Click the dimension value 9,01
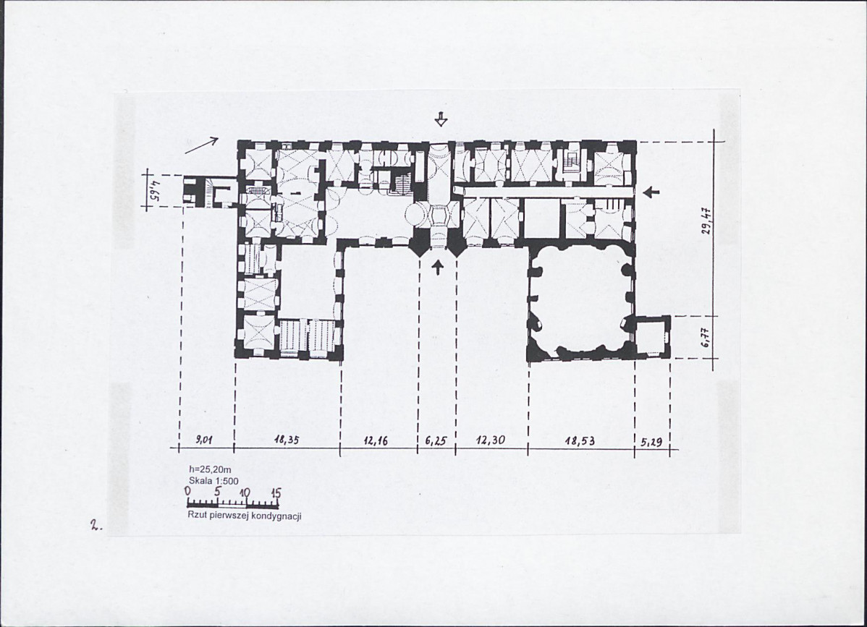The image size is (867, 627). [x=205, y=440]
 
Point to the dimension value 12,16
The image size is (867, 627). [x=376, y=441]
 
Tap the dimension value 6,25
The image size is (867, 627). [x=436, y=441]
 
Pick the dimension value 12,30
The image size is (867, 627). [x=489, y=441]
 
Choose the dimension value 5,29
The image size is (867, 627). [x=651, y=441]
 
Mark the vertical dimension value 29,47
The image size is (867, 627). [x=706, y=221]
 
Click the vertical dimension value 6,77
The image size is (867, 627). [x=706, y=336]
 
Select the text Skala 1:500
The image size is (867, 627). [x=213, y=481]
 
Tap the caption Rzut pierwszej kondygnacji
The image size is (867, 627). [x=245, y=516]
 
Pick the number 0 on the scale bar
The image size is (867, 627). [x=189, y=490]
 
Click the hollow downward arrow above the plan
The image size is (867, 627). [x=440, y=119]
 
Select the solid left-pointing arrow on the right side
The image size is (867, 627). [x=652, y=192]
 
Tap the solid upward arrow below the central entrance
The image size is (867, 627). [x=439, y=268]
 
